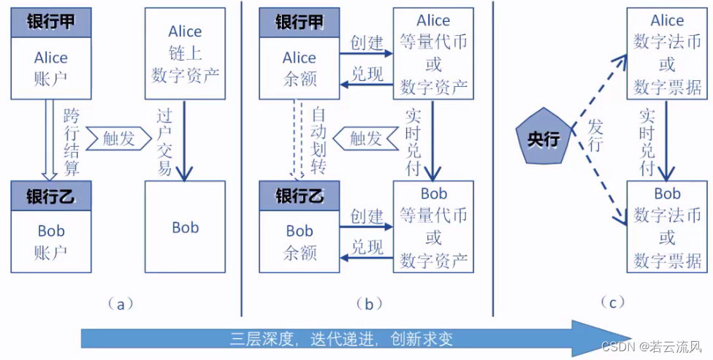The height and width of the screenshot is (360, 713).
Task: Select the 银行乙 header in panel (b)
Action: (299, 196)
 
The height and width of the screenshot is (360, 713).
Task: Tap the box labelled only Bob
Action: (185, 227)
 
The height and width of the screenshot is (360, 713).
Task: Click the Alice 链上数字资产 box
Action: (185, 53)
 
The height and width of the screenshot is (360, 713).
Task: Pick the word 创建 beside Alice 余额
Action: (366, 42)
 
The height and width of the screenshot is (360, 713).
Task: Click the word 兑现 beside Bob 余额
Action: (366, 246)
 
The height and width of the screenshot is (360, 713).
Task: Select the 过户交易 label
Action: (164, 142)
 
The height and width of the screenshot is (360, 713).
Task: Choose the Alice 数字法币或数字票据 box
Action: (667, 54)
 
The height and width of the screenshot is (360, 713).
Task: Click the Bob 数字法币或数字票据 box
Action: (667, 226)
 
